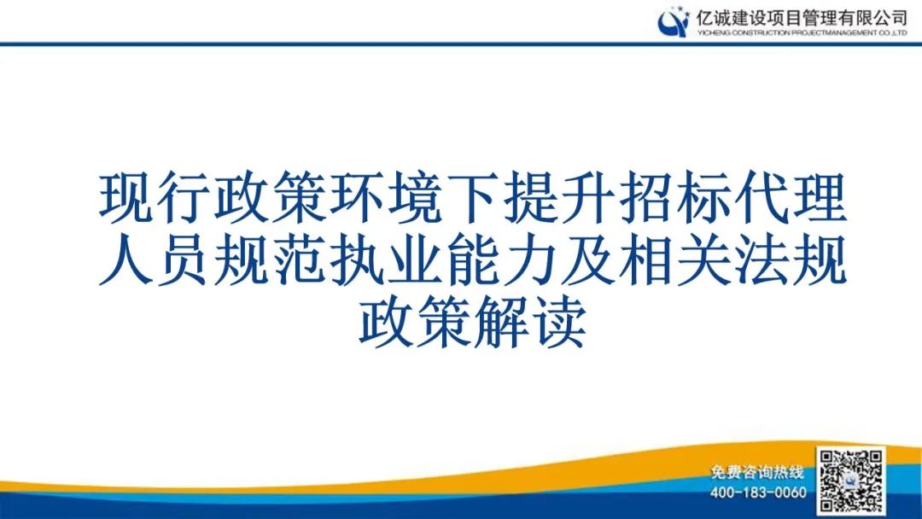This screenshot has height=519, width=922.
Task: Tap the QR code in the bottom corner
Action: [850, 480]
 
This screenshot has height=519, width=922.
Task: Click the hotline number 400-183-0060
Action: [758, 493]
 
